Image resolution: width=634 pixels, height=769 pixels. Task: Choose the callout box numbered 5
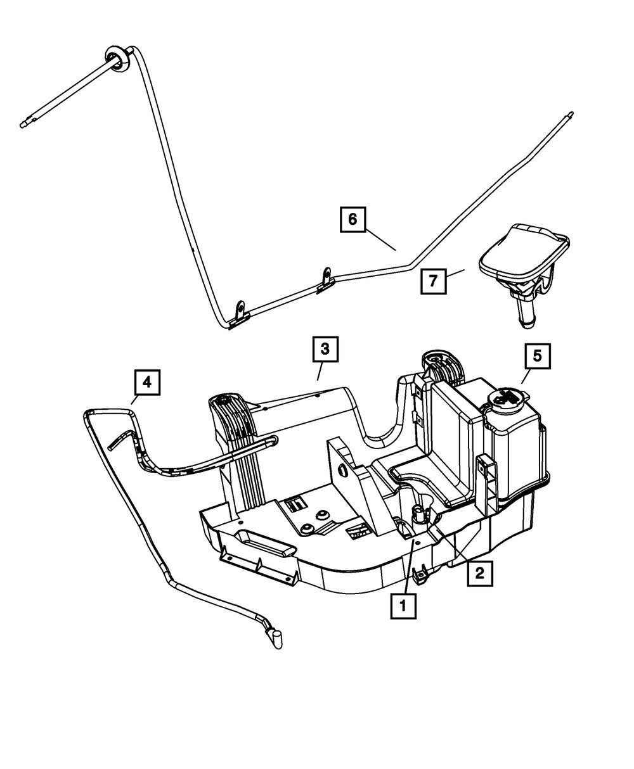(x=537, y=356)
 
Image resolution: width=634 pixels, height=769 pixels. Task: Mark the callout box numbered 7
(x=432, y=280)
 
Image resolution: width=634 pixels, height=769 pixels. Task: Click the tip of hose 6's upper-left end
(x=23, y=125)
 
